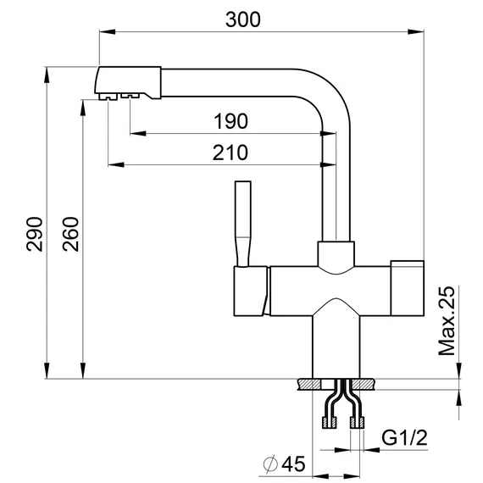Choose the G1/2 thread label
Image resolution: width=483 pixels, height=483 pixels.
403,438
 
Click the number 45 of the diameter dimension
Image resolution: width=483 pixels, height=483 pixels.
291,464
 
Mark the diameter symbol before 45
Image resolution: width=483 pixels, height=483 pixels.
269,464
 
